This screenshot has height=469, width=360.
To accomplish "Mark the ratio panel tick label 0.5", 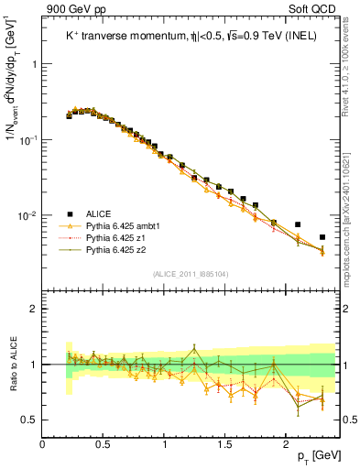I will pyautogui.click(x=29, y=420).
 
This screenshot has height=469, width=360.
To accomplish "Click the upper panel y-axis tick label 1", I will pyautogui.click(x=33, y=65).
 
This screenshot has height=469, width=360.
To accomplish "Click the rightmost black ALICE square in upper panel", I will pyautogui.click(x=322, y=237).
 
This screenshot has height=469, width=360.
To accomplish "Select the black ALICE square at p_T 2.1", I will pyautogui.click(x=298, y=224).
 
